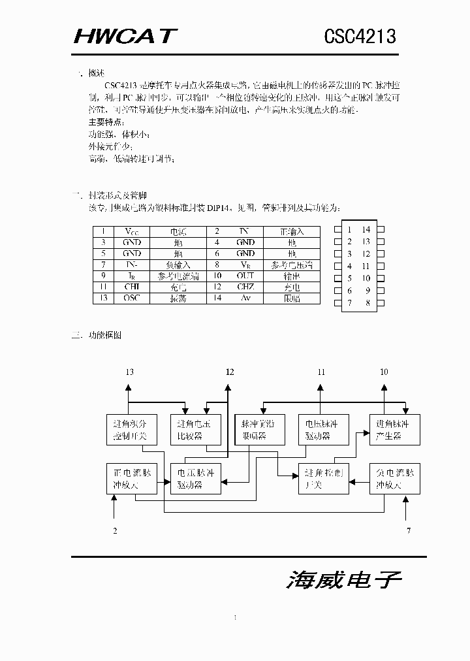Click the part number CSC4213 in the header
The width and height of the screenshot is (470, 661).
(360, 37)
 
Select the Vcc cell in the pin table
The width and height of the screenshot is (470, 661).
(131, 231)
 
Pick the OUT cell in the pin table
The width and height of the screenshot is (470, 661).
(245, 276)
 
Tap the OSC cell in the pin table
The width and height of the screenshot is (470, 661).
(131, 298)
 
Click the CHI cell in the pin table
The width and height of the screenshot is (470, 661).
(131, 287)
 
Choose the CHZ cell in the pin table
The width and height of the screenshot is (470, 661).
(245, 287)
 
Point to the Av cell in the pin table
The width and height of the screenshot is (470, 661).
(245, 298)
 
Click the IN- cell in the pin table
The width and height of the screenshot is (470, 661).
(131, 265)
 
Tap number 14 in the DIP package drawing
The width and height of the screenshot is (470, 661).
(366, 229)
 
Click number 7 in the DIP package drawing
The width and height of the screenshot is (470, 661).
(350, 302)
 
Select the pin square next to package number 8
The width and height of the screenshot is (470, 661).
(381, 302)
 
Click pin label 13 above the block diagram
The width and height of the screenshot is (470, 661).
(129, 372)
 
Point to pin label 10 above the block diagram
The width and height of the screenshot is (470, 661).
(384, 372)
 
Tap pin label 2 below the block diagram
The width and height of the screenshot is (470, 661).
(115, 530)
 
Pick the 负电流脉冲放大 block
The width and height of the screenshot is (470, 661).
(394, 479)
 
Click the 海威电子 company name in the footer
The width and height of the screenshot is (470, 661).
(343, 580)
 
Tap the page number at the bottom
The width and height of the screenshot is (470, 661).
(234, 617)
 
